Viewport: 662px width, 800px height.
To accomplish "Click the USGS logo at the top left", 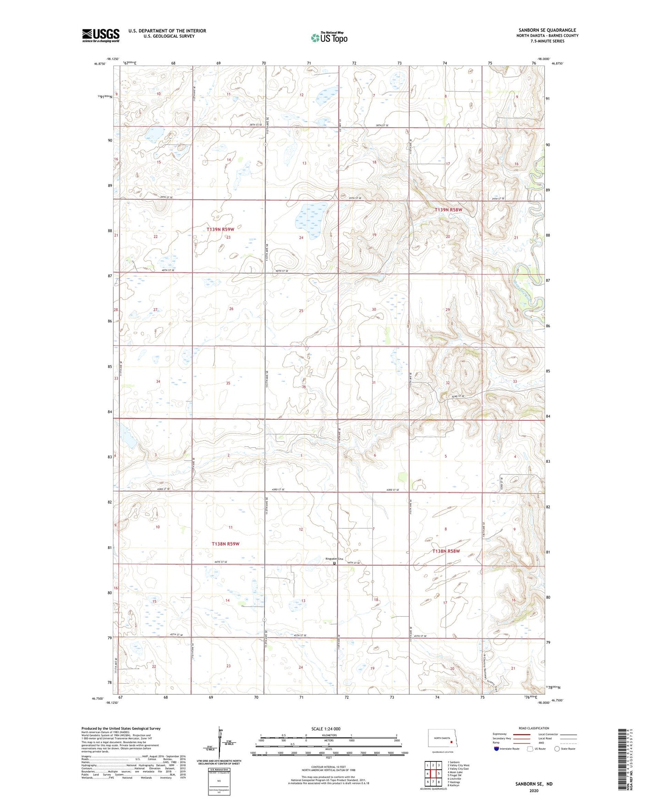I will pyautogui.click(x=101, y=35).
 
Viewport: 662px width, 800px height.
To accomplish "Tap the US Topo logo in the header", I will pyautogui.click(x=329, y=38).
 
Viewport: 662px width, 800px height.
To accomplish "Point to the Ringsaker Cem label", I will pyautogui.click(x=334, y=559).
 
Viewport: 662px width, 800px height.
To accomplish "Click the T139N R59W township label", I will pyautogui.click(x=223, y=229).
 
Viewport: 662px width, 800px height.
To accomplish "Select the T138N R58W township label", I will pyautogui.click(x=446, y=551).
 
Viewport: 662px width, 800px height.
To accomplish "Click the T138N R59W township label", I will pyautogui.click(x=225, y=544).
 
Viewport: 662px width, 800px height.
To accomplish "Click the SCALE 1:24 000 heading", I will pyautogui.click(x=326, y=729).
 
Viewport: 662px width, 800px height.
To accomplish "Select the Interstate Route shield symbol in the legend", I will pyautogui.click(x=497, y=749).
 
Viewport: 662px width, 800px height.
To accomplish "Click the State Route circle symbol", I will pyautogui.click(x=557, y=749).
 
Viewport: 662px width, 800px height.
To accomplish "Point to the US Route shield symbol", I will pyautogui.click(x=530, y=749).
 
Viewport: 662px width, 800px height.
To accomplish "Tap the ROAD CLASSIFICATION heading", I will pyautogui.click(x=534, y=728).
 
